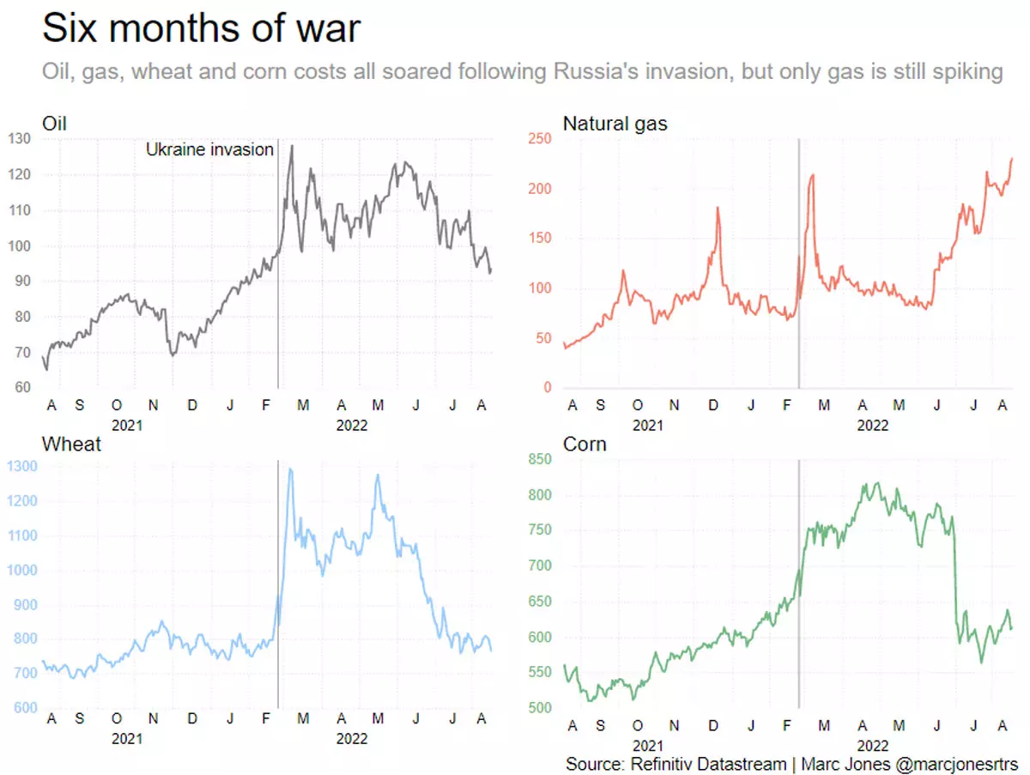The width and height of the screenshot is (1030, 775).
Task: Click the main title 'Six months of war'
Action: tap(201, 28)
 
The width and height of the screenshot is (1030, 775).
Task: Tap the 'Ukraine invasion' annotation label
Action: tap(209, 149)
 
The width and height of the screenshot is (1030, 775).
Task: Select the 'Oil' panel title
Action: tap(54, 124)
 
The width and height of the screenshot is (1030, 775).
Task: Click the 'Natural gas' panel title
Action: tap(615, 124)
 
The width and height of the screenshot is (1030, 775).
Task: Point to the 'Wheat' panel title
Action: tap(71, 444)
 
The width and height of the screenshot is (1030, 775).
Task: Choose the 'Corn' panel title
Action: tap(585, 444)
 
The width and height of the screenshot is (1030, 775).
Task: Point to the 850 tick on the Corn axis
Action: tap(539, 460)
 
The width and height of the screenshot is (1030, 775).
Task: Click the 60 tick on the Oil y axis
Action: tap(22, 388)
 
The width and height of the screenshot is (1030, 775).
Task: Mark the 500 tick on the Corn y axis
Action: tap(539, 708)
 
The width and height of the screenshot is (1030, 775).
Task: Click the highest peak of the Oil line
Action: tap(292, 146)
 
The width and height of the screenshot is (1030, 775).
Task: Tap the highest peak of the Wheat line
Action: tap(290, 469)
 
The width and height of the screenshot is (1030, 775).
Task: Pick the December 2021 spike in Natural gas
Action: tap(718, 208)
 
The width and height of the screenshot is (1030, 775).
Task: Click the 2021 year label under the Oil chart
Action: tap(126, 424)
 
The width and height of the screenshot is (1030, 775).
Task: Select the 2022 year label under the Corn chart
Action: tap(873, 745)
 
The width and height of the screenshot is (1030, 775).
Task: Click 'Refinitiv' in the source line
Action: tap(664, 763)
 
